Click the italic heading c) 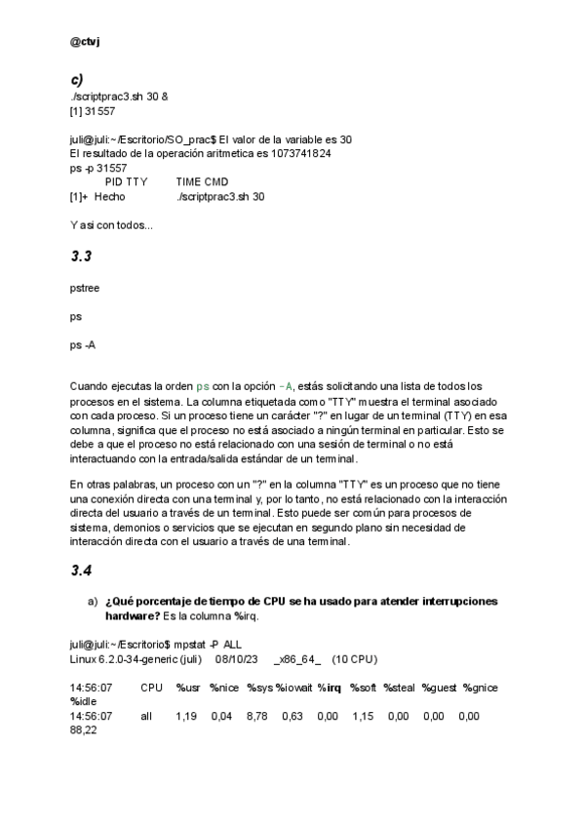pyautogui.click(x=76, y=79)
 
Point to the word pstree pyautogui.click(x=85, y=289)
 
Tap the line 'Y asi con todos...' pyautogui.click(x=111, y=225)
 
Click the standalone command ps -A pyautogui.click(x=83, y=345)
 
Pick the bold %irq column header pyautogui.click(x=330, y=689)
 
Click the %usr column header pyautogui.click(x=188, y=689)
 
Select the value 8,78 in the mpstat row pyautogui.click(x=257, y=717)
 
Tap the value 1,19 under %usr pyautogui.click(x=187, y=717)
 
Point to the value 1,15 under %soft pyautogui.click(x=363, y=717)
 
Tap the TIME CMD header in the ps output pyautogui.click(x=202, y=181)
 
